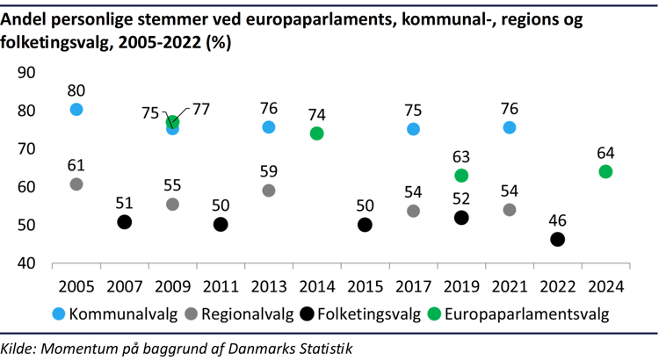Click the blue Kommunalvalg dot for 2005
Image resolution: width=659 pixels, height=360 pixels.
pos(76,109)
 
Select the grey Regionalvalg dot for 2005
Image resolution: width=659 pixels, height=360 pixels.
pos(76,184)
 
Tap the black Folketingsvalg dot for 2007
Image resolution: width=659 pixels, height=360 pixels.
pos(125,222)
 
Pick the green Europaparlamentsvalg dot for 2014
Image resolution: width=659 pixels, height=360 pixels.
pos(317,133)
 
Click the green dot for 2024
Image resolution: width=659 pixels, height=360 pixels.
pos(605,171)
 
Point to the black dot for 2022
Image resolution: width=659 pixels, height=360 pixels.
pos(557,240)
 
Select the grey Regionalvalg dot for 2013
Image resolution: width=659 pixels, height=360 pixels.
pos(269,191)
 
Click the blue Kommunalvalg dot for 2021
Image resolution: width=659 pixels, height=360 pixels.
pos(510,127)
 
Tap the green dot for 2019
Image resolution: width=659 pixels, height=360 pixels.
pos(461,176)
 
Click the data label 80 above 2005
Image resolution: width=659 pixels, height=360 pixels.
pos(76,89)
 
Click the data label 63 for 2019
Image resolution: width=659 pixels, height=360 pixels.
pos(461,156)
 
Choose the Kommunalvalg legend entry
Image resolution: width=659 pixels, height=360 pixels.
pos(114,312)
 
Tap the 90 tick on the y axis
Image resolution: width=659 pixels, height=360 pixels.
pos(26,73)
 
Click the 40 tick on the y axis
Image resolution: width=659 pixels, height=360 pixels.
pos(26,263)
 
